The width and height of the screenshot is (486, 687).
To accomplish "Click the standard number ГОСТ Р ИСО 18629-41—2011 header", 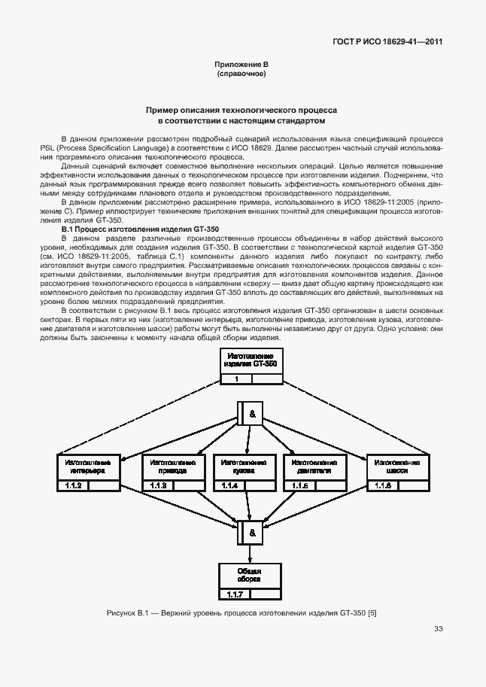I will click(387, 42).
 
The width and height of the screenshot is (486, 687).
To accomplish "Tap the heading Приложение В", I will click(241, 66).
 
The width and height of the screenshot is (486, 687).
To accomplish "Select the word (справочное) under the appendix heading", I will click(241, 75).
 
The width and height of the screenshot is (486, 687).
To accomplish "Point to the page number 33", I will click(438, 629).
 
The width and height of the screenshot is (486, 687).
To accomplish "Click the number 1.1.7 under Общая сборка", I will click(235, 595).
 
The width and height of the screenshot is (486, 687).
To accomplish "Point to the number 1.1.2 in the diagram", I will click(74, 486).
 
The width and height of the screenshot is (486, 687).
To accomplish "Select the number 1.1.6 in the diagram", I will click(382, 486).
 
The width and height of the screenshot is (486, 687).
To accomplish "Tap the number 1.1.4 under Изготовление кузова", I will click(229, 486).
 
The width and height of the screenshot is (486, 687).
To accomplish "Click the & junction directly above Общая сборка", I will click(252, 532).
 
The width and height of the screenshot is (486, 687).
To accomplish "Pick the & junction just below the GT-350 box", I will click(252, 414).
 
